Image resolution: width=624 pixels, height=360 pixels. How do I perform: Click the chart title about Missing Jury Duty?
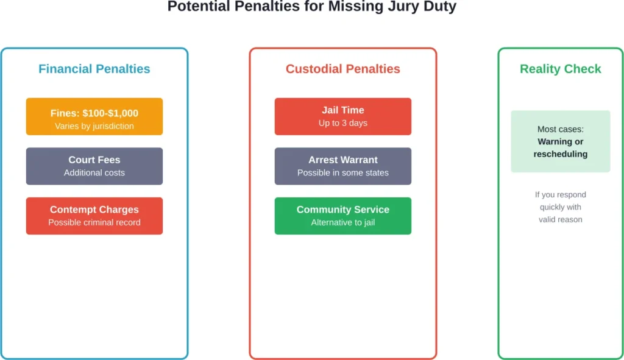[x=311, y=7]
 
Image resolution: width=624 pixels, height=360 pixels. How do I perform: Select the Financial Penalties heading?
[x=94, y=69]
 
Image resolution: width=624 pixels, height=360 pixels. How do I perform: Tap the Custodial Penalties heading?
[x=342, y=69]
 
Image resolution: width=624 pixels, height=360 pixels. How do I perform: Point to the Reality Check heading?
[x=560, y=69]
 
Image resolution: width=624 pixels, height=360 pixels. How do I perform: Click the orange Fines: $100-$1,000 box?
[x=94, y=116]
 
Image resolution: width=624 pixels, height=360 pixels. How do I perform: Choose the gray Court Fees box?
[x=94, y=166]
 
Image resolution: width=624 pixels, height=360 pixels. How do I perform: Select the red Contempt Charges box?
[x=94, y=216]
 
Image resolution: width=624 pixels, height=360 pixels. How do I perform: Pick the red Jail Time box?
[x=342, y=116]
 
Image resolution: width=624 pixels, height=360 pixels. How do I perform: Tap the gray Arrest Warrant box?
[x=342, y=166]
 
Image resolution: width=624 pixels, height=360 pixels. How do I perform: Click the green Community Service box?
[x=342, y=216]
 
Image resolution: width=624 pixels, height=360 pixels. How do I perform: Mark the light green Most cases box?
[x=560, y=141]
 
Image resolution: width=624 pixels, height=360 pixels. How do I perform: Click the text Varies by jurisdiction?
[x=94, y=126]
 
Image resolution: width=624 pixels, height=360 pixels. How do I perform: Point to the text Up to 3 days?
[x=342, y=123]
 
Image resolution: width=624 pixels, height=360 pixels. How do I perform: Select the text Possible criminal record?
[x=94, y=222]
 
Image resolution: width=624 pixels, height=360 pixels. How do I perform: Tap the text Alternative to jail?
[x=342, y=222]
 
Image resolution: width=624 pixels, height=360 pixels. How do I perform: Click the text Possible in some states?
[x=342, y=173]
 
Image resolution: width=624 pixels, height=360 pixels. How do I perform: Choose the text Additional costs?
[x=94, y=173]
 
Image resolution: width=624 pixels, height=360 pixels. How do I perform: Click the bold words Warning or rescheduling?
[x=560, y=148]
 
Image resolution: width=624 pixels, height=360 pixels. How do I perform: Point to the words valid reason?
[x=560, y=219]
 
